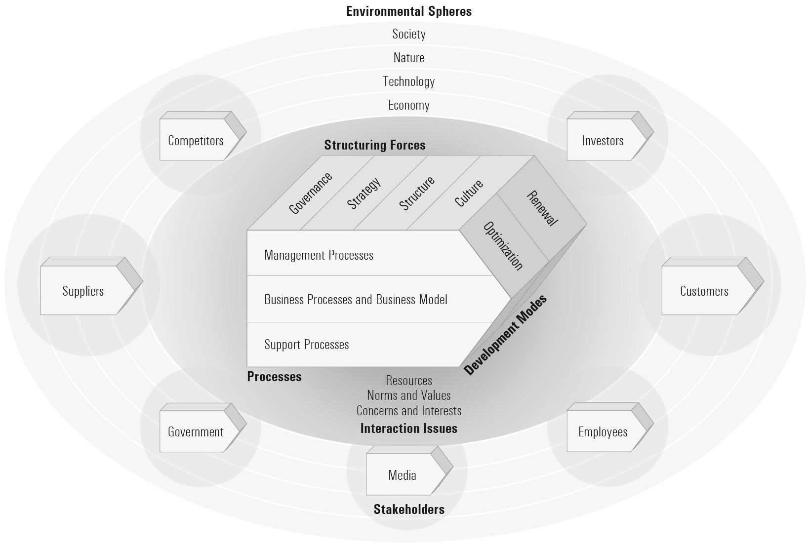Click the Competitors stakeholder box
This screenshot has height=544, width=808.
coord(196,140)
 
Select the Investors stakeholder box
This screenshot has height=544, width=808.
coord(603,140)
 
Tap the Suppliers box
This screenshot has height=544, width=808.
coord(83,291)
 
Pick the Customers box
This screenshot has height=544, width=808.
coord(704,291)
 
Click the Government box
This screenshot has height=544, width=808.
coord(196,431)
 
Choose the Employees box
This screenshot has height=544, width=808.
coord(603,431)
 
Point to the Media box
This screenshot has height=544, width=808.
coord(403,475)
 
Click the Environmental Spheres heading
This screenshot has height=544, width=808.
coord(409,11)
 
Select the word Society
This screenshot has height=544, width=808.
coord(409,34)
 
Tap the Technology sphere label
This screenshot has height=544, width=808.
coord(409,81)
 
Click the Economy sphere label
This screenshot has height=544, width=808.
coord(409,105)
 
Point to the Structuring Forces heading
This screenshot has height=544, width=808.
coord(375,145)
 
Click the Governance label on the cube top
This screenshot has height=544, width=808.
coord(310,193)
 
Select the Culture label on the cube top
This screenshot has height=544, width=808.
coord(469,193)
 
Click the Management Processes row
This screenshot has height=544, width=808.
coord(319,255)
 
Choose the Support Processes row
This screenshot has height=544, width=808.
coord(307,345)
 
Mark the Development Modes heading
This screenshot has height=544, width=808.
coord(506,335)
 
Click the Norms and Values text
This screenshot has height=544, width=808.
coord(409,395)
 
